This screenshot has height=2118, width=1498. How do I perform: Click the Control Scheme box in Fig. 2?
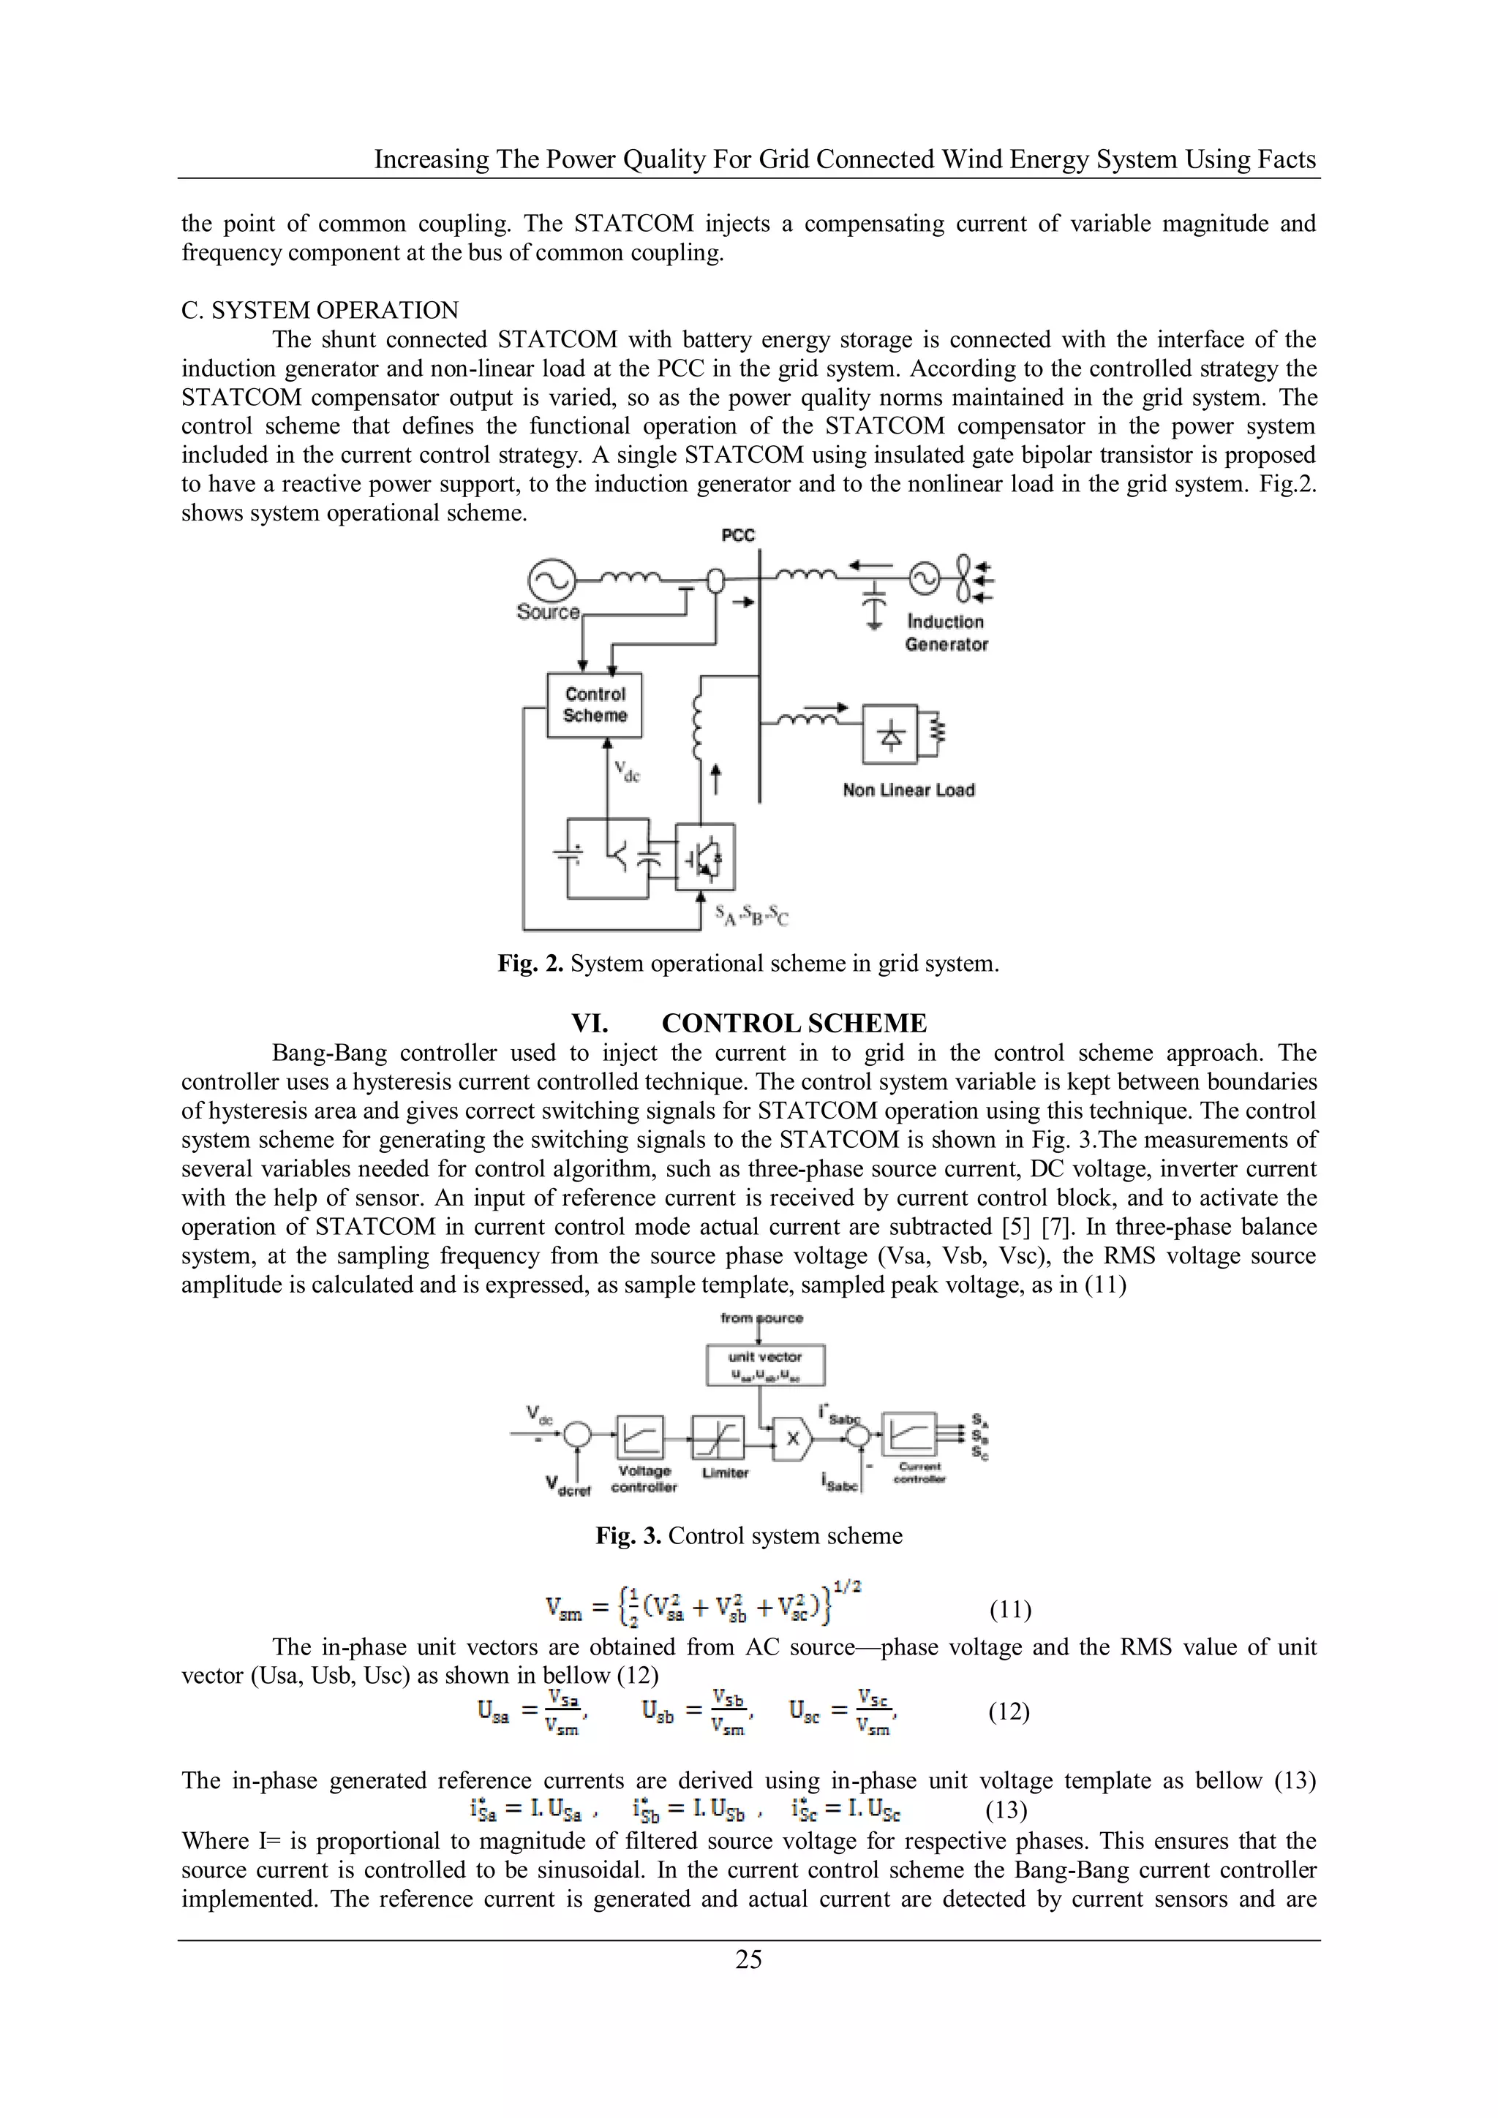pyautogui.click(x=595, y=705)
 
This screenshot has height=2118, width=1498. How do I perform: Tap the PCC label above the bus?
pyautogui.click(x=737, y=536)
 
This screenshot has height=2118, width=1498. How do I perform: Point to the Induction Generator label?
pyautogui.click(x=946, y=633)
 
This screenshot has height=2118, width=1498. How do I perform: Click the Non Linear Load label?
pyautogui.click(x=908, y=790)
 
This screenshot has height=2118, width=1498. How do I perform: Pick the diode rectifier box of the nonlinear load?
pyautogui.click(x=889, y=734)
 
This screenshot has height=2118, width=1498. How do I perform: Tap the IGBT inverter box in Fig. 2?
pyautogui.click(x=705, y=857)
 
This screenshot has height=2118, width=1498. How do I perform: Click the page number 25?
pyautogui.click(x=748, y=1959)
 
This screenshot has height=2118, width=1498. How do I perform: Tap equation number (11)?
pyautogui.click(x=1009, y=1610)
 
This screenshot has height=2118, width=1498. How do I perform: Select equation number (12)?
pyautogui.click(x=1009, y=1712)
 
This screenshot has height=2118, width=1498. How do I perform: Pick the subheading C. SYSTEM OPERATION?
pyautogui.click(x=320, y=310)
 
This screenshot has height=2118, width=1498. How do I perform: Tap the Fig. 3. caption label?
pyautogui.click(x=628, y=1536)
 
